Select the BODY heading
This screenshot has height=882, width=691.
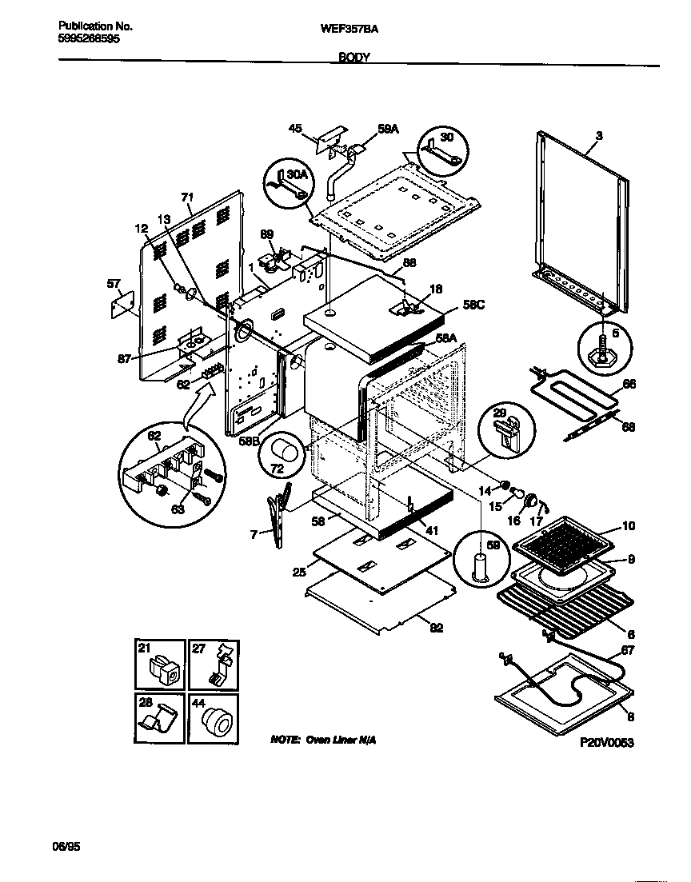coord(353,58)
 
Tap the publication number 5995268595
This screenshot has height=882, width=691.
coord(90,38)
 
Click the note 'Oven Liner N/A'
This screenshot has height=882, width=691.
coord(322,740)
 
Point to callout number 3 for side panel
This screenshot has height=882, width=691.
coord(599,137)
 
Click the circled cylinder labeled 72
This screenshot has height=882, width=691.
coord(284,461)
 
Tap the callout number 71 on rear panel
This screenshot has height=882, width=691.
coord(188,197)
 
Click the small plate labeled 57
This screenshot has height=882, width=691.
coord(122,303)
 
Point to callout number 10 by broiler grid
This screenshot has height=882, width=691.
coord(629,526)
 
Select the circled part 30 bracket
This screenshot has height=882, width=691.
coord(441,150)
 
